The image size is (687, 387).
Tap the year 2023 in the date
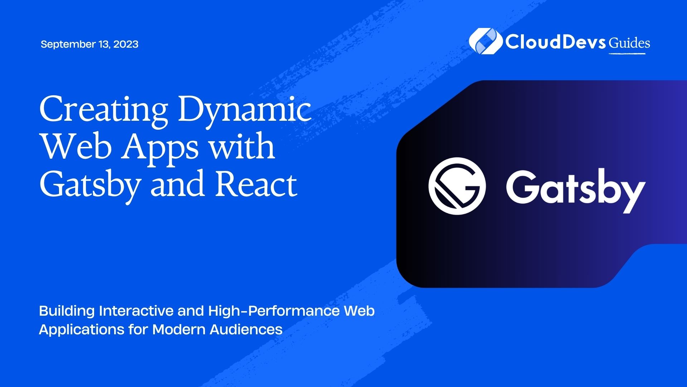click(x=126, y=44)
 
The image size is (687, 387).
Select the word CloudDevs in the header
click(x=555, y=42)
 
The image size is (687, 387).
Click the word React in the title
click(x=256, y=184)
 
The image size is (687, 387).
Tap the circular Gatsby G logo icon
click(x=457, y=186)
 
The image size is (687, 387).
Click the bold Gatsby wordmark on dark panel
click(x=575, y=190)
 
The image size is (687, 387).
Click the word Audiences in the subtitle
click(x=246, y=329)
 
